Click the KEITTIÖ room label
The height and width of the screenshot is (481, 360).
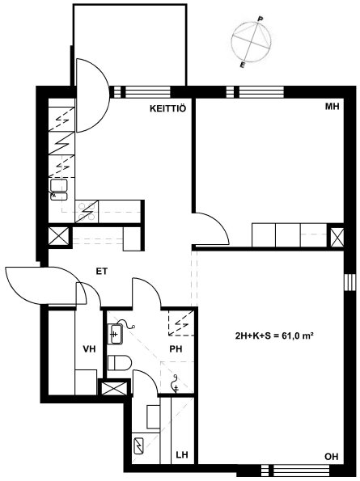coord(168,108)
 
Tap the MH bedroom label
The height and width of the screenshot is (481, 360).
coord(332,107)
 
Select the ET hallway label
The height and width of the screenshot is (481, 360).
coord(102,271)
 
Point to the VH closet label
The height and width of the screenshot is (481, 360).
coord(89,348)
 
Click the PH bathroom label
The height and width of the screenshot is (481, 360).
coord(176,348)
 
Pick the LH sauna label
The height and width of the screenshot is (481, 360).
coord(182,454)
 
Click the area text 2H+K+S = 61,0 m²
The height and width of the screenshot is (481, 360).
coord(274,336)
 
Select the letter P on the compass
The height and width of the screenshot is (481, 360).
coord(260,19)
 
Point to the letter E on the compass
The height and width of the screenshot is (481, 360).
coord(243,65)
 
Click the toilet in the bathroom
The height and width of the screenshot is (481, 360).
coord(120,363)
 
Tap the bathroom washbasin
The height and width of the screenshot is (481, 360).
coord(115,333)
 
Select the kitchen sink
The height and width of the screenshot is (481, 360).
coord(58,190)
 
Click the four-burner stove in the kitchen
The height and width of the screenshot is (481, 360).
coord(87,211)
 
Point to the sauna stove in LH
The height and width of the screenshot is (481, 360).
coord(139,446)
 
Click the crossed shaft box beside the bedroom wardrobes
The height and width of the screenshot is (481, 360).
coord(337,238)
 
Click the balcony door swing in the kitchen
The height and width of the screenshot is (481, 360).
coord(92,95)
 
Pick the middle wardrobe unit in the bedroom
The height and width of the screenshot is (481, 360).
coord(288,235)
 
